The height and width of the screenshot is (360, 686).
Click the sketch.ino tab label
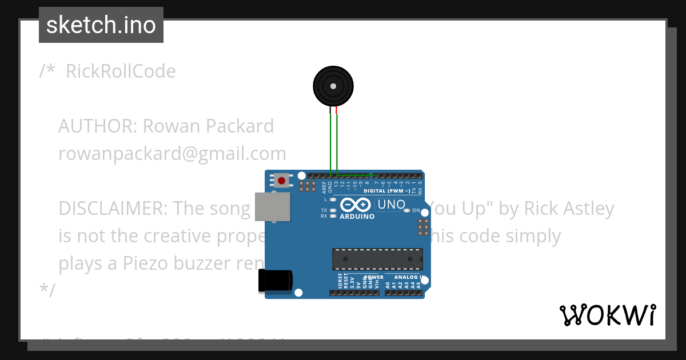tap(101, 25)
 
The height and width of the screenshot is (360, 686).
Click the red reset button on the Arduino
tap(281, 181)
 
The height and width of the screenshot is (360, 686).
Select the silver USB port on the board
tap(272, 206)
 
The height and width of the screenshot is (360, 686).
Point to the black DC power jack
tap(275, 281)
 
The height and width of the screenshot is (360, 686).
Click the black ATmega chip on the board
tap(378, 259)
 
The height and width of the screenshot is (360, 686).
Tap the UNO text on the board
tap(392, 204)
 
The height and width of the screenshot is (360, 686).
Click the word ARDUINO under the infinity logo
tap(357, 217)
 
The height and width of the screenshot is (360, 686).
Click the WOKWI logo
tap(607, 315)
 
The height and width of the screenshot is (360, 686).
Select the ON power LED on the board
tap(407, 211)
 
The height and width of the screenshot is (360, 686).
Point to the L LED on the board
tap(332, 199)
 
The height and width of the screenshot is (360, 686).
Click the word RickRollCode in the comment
tap(121, 71)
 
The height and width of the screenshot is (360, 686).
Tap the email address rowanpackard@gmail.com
tap(172, 154)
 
